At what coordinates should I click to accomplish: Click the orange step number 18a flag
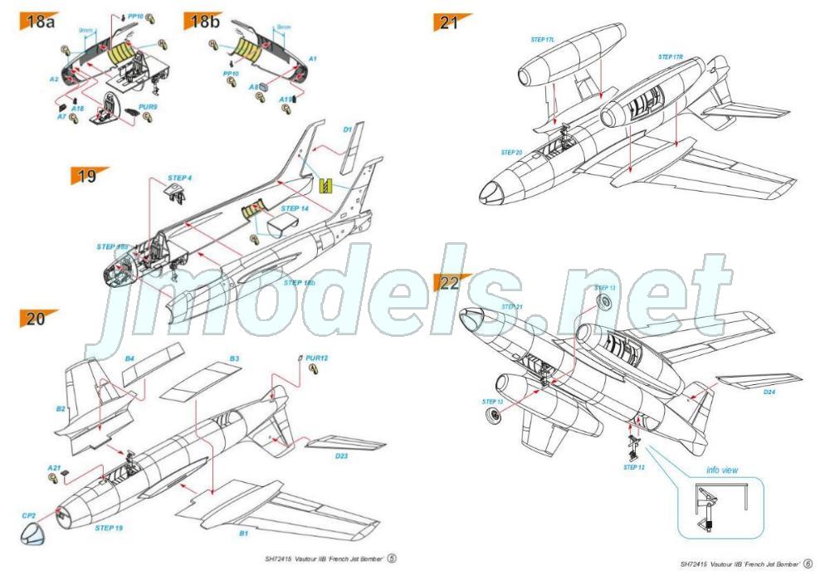(37, 21)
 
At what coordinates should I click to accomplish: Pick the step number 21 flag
(450, 22)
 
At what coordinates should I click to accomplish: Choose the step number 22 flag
(450, 283)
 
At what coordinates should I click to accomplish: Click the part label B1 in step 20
(243, 534)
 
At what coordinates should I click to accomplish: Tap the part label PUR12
(317, 358)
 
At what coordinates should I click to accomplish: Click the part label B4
(129, 358)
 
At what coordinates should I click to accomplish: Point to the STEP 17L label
(542, 39)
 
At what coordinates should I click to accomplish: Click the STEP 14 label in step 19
(295, 208)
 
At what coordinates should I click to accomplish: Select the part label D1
(348, 130)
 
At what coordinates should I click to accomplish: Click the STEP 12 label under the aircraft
(634, 467)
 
